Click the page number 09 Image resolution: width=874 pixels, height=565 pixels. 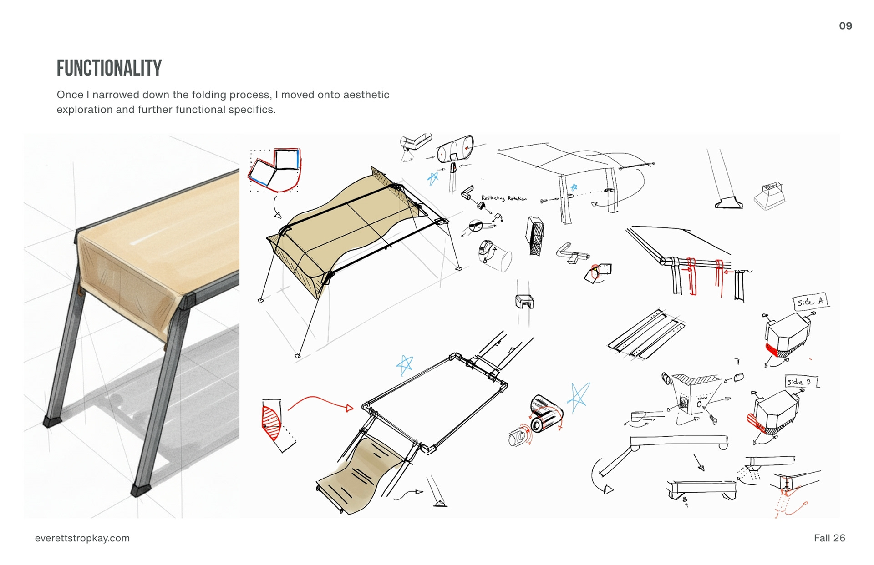845,26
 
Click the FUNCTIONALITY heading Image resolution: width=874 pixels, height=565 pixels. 109,68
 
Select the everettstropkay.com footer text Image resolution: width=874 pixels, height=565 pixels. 82,538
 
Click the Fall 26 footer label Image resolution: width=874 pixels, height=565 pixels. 829,538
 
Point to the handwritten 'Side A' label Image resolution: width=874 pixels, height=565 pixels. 810,302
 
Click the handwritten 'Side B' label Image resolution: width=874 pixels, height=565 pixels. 801,382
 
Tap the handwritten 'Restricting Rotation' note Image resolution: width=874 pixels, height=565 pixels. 503,198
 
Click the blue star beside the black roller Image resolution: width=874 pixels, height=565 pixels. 578,397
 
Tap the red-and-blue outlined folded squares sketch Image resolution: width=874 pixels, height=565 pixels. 274,169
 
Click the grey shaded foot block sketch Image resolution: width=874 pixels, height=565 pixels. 770,197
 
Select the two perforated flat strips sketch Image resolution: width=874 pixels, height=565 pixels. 646,334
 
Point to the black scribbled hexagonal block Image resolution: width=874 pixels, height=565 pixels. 535,236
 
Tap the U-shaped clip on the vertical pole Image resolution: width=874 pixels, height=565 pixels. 524,301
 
